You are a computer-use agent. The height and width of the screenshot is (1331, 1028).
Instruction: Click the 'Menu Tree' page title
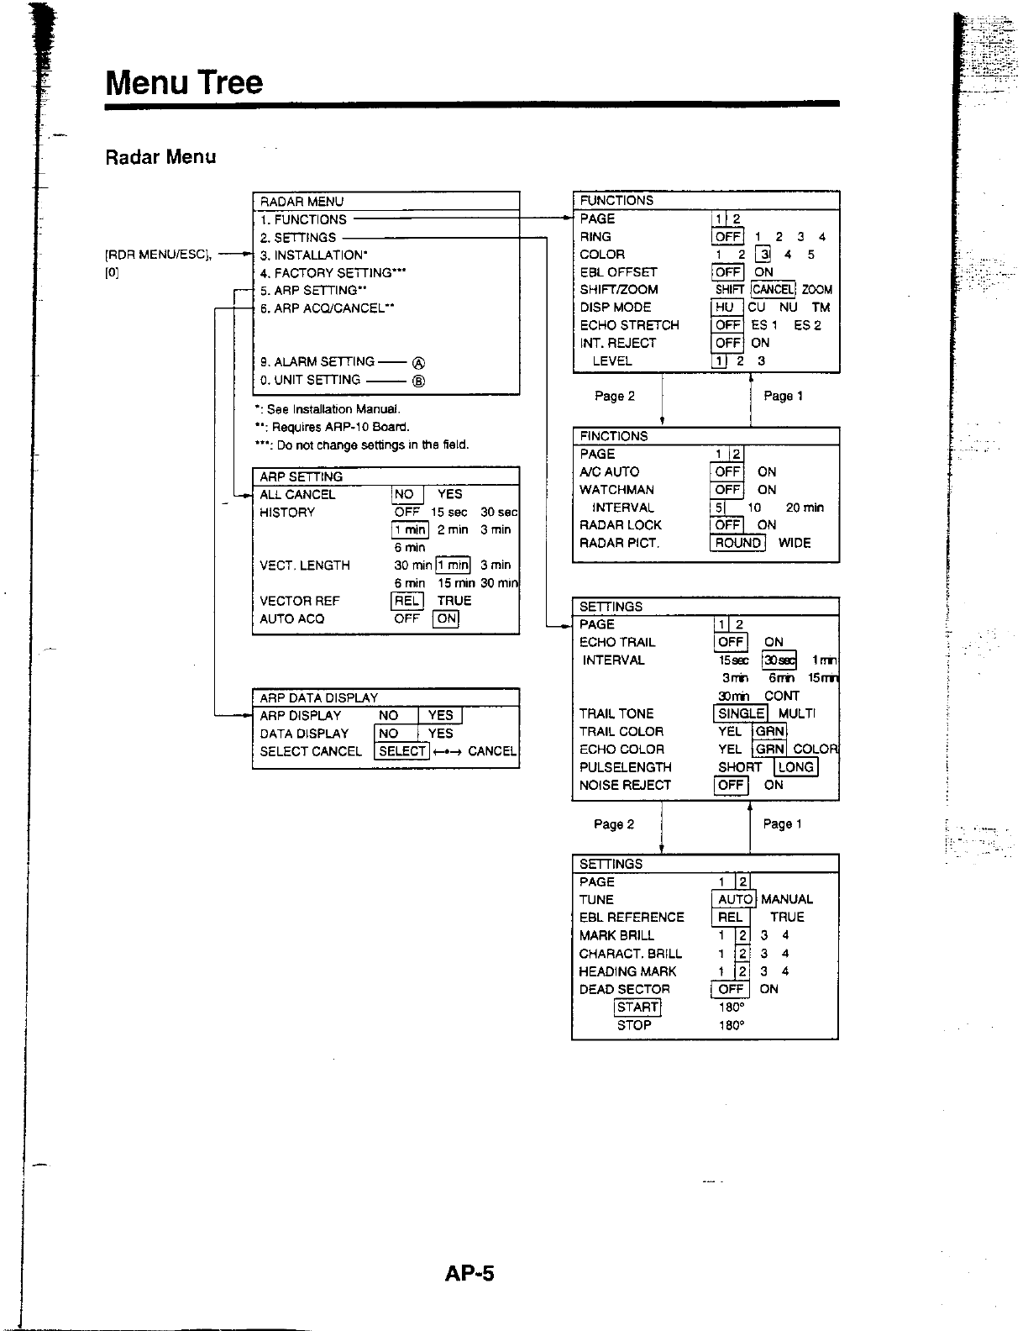coord(184,82)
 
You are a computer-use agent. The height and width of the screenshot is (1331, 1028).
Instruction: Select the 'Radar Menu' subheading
coord(160,157)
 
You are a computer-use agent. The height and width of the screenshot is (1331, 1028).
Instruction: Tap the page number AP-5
coord(470,1274)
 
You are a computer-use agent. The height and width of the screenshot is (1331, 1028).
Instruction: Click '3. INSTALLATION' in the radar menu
coord(313,255)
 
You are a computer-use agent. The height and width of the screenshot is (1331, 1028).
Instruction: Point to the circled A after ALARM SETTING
coord(418,363)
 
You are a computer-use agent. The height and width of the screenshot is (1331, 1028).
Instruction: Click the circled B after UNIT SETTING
coord(418,381)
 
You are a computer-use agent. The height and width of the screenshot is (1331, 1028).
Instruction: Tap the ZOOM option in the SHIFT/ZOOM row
coord(817,290)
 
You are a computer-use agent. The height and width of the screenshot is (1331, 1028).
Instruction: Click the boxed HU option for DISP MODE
coord(724,308)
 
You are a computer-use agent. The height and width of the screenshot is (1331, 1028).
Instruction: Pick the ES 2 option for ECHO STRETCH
coord(807,325)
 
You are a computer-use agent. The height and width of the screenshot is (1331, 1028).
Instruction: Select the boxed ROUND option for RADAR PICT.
coord(737,543)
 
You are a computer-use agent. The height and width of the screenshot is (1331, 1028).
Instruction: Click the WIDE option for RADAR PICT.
coord(795,543)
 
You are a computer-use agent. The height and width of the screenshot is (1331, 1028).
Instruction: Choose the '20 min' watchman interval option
coord(805,508)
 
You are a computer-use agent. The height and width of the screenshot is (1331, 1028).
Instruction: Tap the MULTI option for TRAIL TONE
coord(797,713)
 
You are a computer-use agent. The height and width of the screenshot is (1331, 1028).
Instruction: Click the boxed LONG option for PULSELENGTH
coord(795,767)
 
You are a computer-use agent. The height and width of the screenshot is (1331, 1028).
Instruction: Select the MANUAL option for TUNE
coord(787,899)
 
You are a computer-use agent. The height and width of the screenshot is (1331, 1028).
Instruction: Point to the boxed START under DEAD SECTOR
coord(637,1007)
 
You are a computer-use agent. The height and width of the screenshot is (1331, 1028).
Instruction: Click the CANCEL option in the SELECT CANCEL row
coord(492,751)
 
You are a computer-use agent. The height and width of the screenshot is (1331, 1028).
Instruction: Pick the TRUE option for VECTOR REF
coord(454,601)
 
